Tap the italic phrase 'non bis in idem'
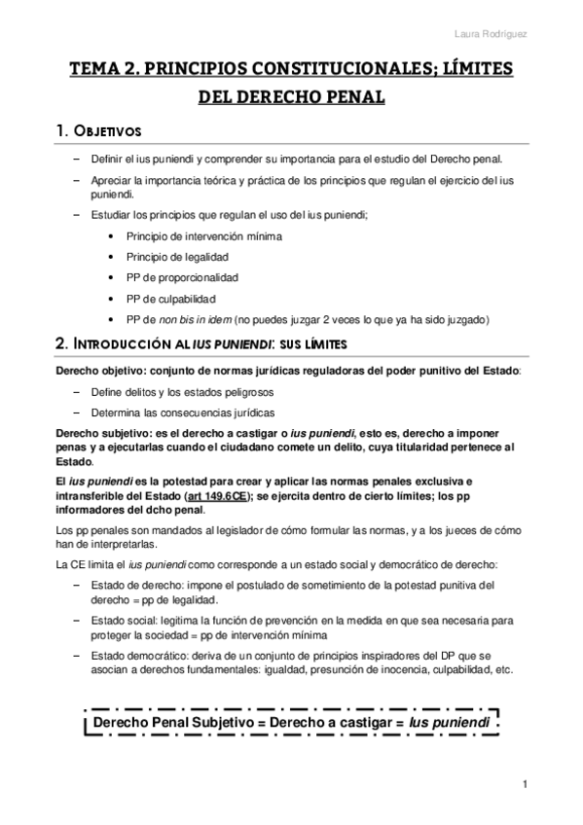(190, 320)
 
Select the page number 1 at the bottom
(525, 785)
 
